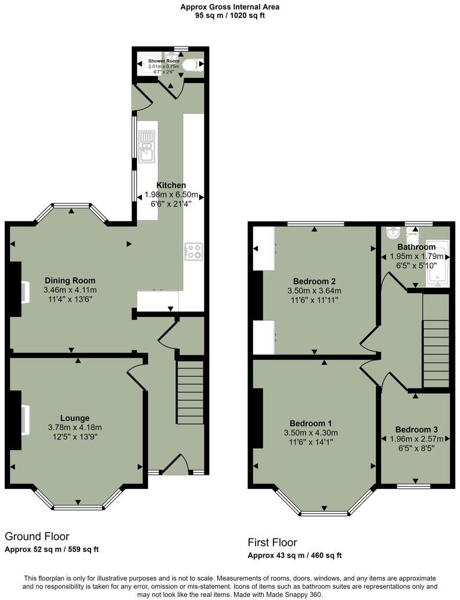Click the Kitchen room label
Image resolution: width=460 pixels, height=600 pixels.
(171, 185)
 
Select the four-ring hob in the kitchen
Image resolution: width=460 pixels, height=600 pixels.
(193, 251)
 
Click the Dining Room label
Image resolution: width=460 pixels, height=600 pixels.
(69, 281)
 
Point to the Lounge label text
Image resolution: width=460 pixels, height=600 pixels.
(75, 418)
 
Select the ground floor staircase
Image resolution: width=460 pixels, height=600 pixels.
(190, 391)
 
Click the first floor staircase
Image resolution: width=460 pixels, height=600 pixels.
(436, 340)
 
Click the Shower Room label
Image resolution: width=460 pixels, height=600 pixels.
(164, 60)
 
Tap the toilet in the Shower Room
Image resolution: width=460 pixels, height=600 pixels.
(189, 66)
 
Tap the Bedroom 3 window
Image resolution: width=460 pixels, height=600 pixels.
(415, 485)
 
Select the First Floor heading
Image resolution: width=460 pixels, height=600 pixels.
(272, 542)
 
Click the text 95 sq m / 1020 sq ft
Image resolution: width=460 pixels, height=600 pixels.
(229, 16)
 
